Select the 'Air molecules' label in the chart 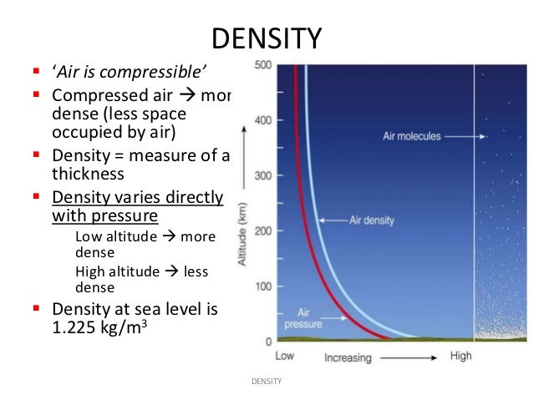pos(410,136)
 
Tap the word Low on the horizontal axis pos(285,357)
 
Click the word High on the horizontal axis pos(460,357)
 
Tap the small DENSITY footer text pos(266,382)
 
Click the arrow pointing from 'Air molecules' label pos(463,136)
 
